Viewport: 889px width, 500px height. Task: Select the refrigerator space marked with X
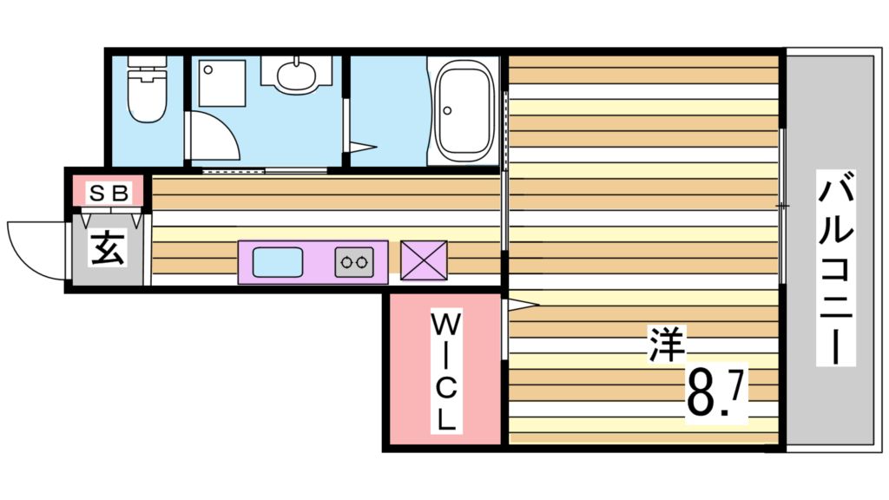tap(424, 261)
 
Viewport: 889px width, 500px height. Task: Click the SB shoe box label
tap(108, 193)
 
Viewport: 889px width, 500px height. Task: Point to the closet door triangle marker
tap(524, 304)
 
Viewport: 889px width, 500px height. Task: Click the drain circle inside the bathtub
tap(447, 110)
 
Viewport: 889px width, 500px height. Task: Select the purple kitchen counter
tap(313, 261)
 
